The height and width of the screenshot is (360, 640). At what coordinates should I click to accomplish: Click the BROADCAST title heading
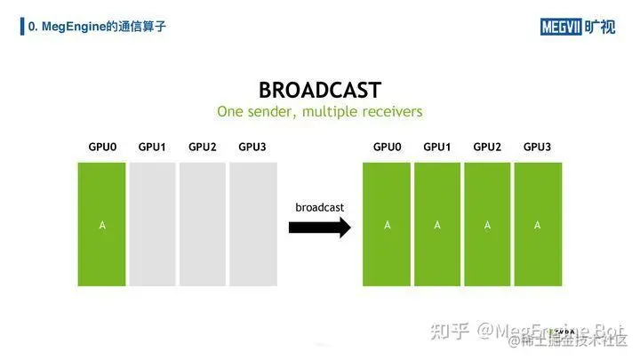coord(319,90)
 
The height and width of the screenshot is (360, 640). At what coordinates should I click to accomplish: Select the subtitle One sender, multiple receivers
coord(319,112)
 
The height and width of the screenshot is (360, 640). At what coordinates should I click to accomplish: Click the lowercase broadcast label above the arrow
coord(319,207)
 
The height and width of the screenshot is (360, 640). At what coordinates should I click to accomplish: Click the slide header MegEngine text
coord(97,27)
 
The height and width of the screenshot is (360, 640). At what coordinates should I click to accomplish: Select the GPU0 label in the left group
coord(102,146)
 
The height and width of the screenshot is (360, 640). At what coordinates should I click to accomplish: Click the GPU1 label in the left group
coord(152,146)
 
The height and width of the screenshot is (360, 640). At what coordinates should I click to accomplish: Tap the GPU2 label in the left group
coord(202,146)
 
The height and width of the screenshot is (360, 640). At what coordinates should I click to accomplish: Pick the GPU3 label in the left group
coord(252,146)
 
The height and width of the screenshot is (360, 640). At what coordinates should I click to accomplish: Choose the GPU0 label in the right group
coord(387,146)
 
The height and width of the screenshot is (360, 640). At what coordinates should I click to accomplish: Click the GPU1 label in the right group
coord(436,146)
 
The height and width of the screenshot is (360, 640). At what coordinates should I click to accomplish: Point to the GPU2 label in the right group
coord(487,146)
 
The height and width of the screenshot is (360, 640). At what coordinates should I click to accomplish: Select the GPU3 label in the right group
coord(537,146)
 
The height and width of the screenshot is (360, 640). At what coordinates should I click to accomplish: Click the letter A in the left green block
coord(102,226)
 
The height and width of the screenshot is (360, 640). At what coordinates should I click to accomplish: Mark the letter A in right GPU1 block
coord(437,226)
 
